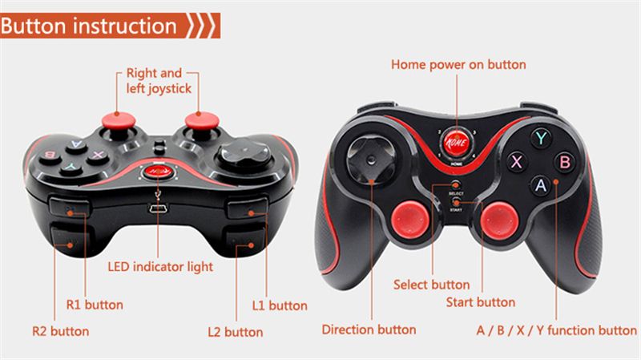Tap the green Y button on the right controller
click(x=542, y=137)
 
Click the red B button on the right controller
click(x=564, y=162)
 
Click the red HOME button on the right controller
click(x=456, y=145)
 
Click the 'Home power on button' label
click(x=458, y=64)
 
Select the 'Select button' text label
click(x=431, y=285)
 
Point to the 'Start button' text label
click(x=480, y=302)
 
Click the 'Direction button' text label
click(x=369, y=329)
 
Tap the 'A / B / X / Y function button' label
click(x=556, y=330)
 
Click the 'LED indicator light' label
click(x=160, y=266)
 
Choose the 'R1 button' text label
click(x=95, y=305)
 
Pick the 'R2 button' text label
click(x=60, y=330)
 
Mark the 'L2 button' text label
click(x=235, y=331)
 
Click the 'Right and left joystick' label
click(x=159, y=81)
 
